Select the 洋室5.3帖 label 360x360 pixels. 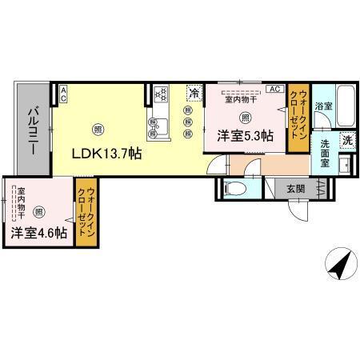coord(244,136)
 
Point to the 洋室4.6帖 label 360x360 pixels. coord(38,234)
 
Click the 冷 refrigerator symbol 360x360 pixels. coord(194,93)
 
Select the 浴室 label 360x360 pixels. coord(323,106)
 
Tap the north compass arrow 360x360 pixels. coord(340,262)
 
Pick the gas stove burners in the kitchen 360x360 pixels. coord(158,96)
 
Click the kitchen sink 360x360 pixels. coord(155,125)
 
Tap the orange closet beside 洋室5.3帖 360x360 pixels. coord(298,118)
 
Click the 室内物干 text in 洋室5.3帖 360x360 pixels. coord(239,100)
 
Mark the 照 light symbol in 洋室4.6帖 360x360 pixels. coord(38,211)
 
